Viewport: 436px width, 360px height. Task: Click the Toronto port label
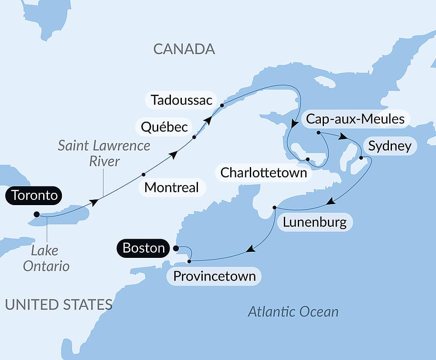[34, 195]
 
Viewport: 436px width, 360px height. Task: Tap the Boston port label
[143, 248]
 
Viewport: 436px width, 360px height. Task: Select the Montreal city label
[171, 188]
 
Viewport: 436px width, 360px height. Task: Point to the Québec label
[164, 127]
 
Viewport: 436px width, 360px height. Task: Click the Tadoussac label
[181, 100]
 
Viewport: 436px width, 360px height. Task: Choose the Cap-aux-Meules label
[355, 119]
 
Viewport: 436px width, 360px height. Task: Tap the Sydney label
[390, 146]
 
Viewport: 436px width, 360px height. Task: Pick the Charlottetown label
[264, 172]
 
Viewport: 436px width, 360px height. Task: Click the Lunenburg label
[314, 222]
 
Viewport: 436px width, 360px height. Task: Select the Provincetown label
[214, 276]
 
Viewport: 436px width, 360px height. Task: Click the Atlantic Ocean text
[293, 312]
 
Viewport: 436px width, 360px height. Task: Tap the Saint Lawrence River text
[104, 153]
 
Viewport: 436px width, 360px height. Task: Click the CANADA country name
[184, 49]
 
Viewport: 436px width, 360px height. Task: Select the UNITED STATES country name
[58, 304]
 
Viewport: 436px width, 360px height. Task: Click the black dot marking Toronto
[37, 214]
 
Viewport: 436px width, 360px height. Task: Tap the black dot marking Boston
[176, 248]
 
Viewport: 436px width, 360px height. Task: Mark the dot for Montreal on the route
[143, 175]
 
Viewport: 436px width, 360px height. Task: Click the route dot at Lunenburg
[274, 207]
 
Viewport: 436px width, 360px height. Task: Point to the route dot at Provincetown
[189, 261]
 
